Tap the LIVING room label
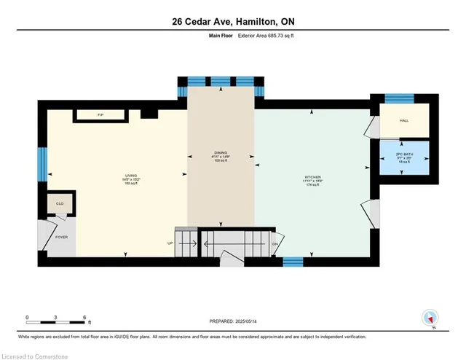[131, 175]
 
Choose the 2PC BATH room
[403, 161]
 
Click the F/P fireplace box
[100, 115]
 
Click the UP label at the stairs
[171, 243]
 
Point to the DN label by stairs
[275, 243]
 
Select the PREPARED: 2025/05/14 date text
[232, 321]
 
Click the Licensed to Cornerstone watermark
[35, 355]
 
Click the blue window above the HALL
[399, 97]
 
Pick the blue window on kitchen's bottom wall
[293, 261]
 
